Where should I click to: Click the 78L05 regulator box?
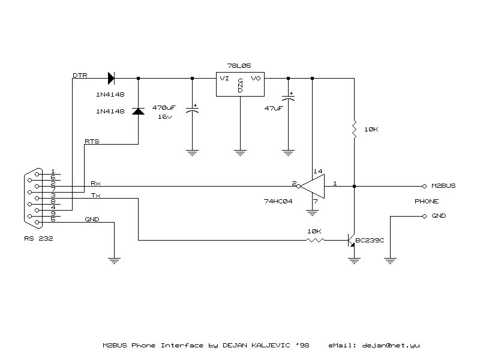(x=240, y=85)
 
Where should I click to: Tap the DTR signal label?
(x=79, y=76)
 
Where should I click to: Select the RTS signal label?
(x=92, y=142)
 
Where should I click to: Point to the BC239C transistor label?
(x=370, y=240)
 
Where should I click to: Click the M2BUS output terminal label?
(x=443, y=186)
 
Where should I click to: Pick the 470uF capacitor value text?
(x=164, y=107)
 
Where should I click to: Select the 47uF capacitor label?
(x=273, y=108)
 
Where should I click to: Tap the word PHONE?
(x=427, y=202)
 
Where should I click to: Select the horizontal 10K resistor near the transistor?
(x=316, y=240)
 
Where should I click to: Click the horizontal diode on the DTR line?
(x=112, y=78)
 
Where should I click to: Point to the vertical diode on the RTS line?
(x=138, y=111)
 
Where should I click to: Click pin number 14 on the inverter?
(x=318, y=172)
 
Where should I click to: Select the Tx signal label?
(x=95, y=196)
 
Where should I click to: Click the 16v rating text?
(x=165, y=117)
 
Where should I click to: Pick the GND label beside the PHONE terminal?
(x=439, y=216)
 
